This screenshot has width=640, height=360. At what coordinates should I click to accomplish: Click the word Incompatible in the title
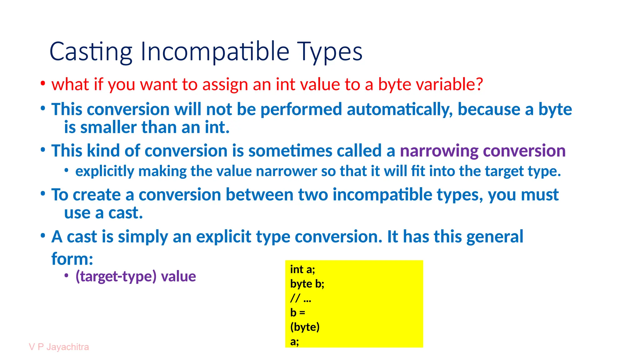coord(215,52)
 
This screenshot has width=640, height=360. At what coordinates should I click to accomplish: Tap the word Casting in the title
coord(91,52)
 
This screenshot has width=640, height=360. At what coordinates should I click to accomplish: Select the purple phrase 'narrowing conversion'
coord(482,151)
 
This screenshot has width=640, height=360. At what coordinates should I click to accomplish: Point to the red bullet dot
coord(43,83)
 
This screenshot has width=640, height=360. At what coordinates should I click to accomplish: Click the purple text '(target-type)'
coord(116,276)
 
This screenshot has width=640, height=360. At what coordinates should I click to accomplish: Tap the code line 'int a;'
coord(302,269)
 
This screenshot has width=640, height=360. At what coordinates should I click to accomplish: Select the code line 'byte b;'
coord(307,283)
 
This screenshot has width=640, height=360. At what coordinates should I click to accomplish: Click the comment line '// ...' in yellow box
coord(301,298)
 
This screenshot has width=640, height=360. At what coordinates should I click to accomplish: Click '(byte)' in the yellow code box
coord(305,327)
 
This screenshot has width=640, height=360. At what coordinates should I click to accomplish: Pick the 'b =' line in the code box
coord(297,312)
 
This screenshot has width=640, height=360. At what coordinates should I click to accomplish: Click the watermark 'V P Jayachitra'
coord(59,347)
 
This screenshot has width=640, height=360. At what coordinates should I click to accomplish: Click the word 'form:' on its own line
coord(72,259)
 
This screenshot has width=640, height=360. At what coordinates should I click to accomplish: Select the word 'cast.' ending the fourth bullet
coord(125,213)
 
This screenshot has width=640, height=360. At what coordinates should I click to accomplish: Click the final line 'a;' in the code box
coord(294,341)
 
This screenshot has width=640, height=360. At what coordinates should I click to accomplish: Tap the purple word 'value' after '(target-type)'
coord(178,276)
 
